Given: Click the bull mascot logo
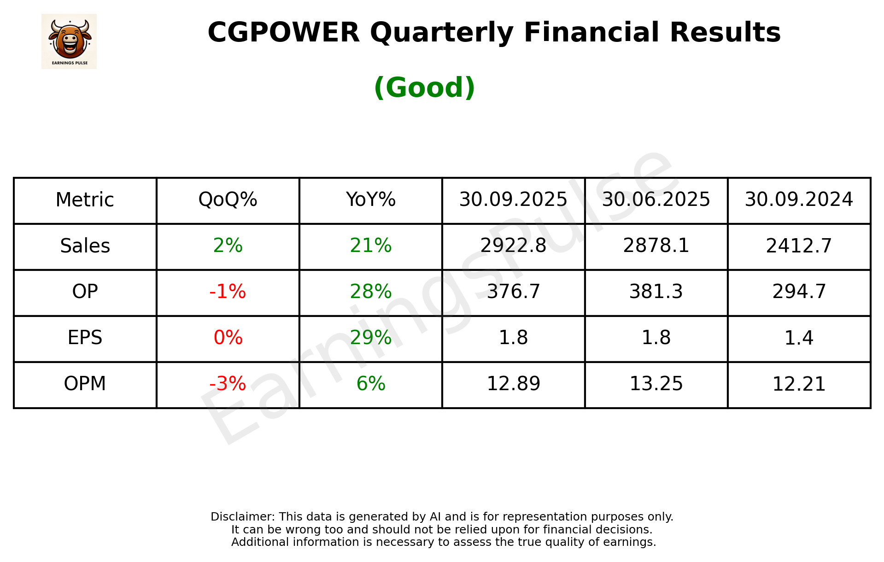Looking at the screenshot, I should coord(69,41).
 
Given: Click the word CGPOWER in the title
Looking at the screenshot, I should coord(283,33).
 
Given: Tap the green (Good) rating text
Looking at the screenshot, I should coord(424,88).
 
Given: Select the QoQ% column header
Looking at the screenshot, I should coord(228,200).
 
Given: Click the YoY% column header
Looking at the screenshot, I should coord(370,200).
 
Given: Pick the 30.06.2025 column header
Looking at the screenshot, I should coord(656,200).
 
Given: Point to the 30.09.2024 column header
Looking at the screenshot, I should coord(799,200).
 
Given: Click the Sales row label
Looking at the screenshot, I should coord(85,246).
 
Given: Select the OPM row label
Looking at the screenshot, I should coord(85,384).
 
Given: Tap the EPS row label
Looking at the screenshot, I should coord(85,338).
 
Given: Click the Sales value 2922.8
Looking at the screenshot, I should coord(513,246).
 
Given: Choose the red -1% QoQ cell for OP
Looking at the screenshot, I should coord(228,292).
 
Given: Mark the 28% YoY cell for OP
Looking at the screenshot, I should coord(370,292).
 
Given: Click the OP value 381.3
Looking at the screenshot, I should coord(656,292).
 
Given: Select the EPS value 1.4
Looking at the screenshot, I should coord(799,338).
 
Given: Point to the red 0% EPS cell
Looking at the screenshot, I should coord(228,338).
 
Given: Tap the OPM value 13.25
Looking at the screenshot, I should coord(656,384).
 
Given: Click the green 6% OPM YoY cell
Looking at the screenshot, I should coord(370,384).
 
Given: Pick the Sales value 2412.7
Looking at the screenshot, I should coord(799,246).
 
